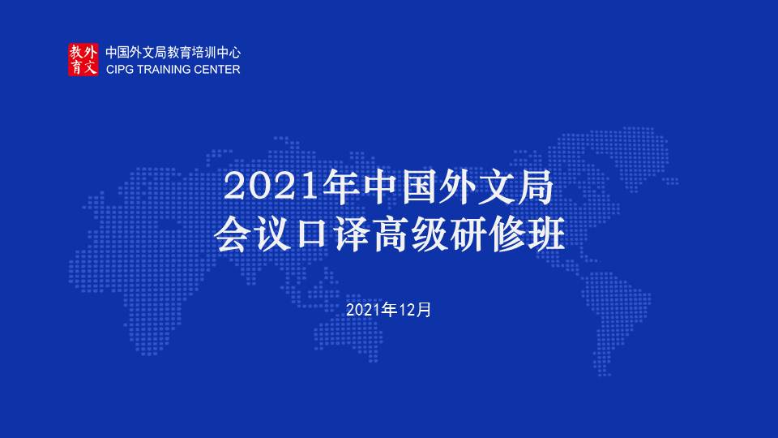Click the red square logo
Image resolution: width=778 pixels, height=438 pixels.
(83, 59)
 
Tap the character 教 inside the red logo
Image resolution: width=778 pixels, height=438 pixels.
(76, 52)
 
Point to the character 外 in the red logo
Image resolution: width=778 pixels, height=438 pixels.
(90, 52)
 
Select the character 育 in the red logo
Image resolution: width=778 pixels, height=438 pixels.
(76, 67)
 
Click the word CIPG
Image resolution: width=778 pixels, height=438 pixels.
(119, 70)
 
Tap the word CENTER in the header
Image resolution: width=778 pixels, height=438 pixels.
(217, 70)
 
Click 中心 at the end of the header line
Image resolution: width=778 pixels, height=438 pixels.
(229, 53)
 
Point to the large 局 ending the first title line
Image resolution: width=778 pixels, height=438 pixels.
(534, 187)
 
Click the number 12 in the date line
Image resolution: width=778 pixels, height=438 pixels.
(405, 310)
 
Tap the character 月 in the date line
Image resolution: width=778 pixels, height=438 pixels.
(424, 310)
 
